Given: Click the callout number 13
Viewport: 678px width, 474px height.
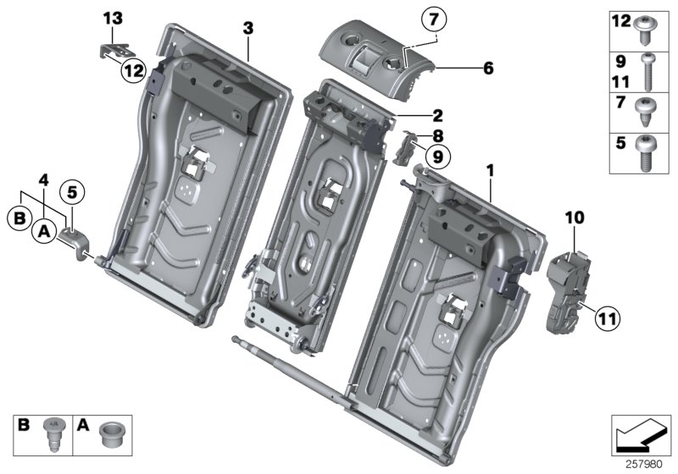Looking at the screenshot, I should pos(114,18).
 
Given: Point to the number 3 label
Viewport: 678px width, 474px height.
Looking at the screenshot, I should pos(247,28).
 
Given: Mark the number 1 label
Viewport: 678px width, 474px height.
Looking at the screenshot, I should pos(489,171).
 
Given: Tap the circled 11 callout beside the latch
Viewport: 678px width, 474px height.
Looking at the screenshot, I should pos(606,318).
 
